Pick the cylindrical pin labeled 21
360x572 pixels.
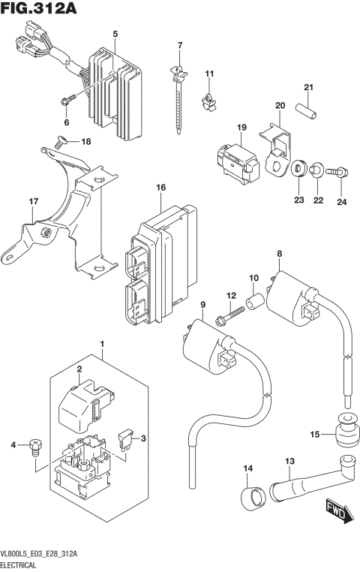tap(306, 110)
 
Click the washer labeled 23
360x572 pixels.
tap(298, 165)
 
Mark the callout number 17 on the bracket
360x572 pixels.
tap(33, 201)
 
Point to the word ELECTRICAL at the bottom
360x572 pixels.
tap(24, 561)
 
